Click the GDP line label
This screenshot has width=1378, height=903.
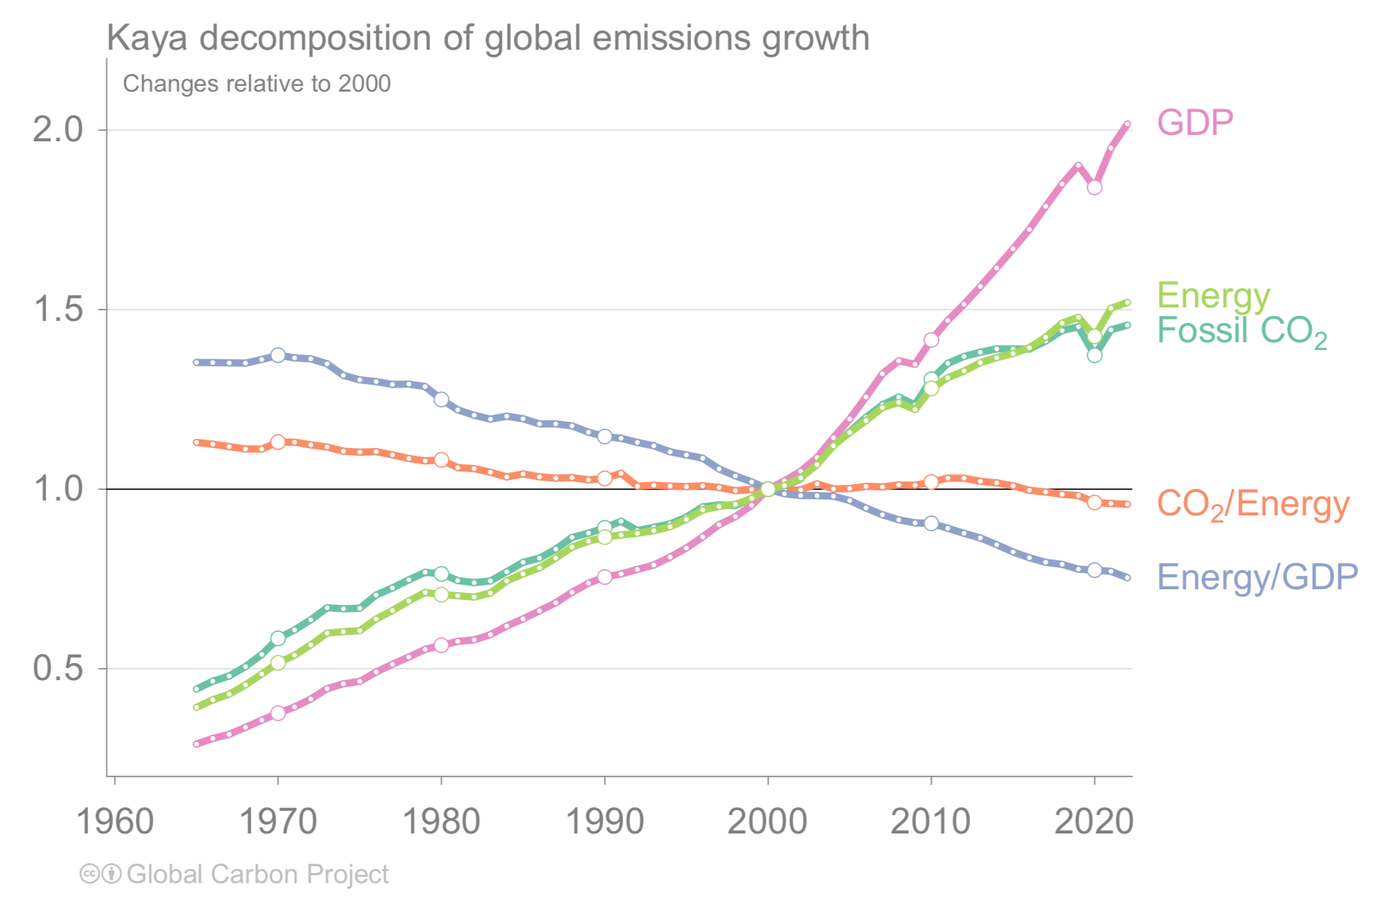pos(1195,123)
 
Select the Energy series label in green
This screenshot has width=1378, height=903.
pos(1213,295)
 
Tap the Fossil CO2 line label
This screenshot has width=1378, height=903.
pos(1241,331)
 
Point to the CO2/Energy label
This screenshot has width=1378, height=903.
pos(1252,504)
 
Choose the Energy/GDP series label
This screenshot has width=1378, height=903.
pos(1257,576)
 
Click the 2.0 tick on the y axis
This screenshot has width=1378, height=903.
pos(58,129)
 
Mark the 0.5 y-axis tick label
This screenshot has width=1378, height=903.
pos(58,668)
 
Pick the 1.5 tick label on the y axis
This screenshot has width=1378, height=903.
pos(58,309)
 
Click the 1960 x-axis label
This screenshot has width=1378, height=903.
pos(115,821)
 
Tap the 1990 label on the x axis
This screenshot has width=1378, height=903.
pos(605,821)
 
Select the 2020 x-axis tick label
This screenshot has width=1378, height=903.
pos(1093,821)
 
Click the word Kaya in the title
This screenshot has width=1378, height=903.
pos(147,38)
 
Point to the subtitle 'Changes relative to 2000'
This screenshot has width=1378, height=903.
pos(257,84)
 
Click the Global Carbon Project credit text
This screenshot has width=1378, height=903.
pos(258,874)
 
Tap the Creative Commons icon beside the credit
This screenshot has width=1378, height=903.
pos(89,874)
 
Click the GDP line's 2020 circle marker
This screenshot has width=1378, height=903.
pos(1094,187)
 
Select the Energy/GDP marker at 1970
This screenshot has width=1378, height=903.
pos(278,355)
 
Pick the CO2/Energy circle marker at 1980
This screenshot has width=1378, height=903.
pos(441,460)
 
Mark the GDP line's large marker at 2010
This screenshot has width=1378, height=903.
pos(931,340)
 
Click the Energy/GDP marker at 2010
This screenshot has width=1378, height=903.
pos(931,524)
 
